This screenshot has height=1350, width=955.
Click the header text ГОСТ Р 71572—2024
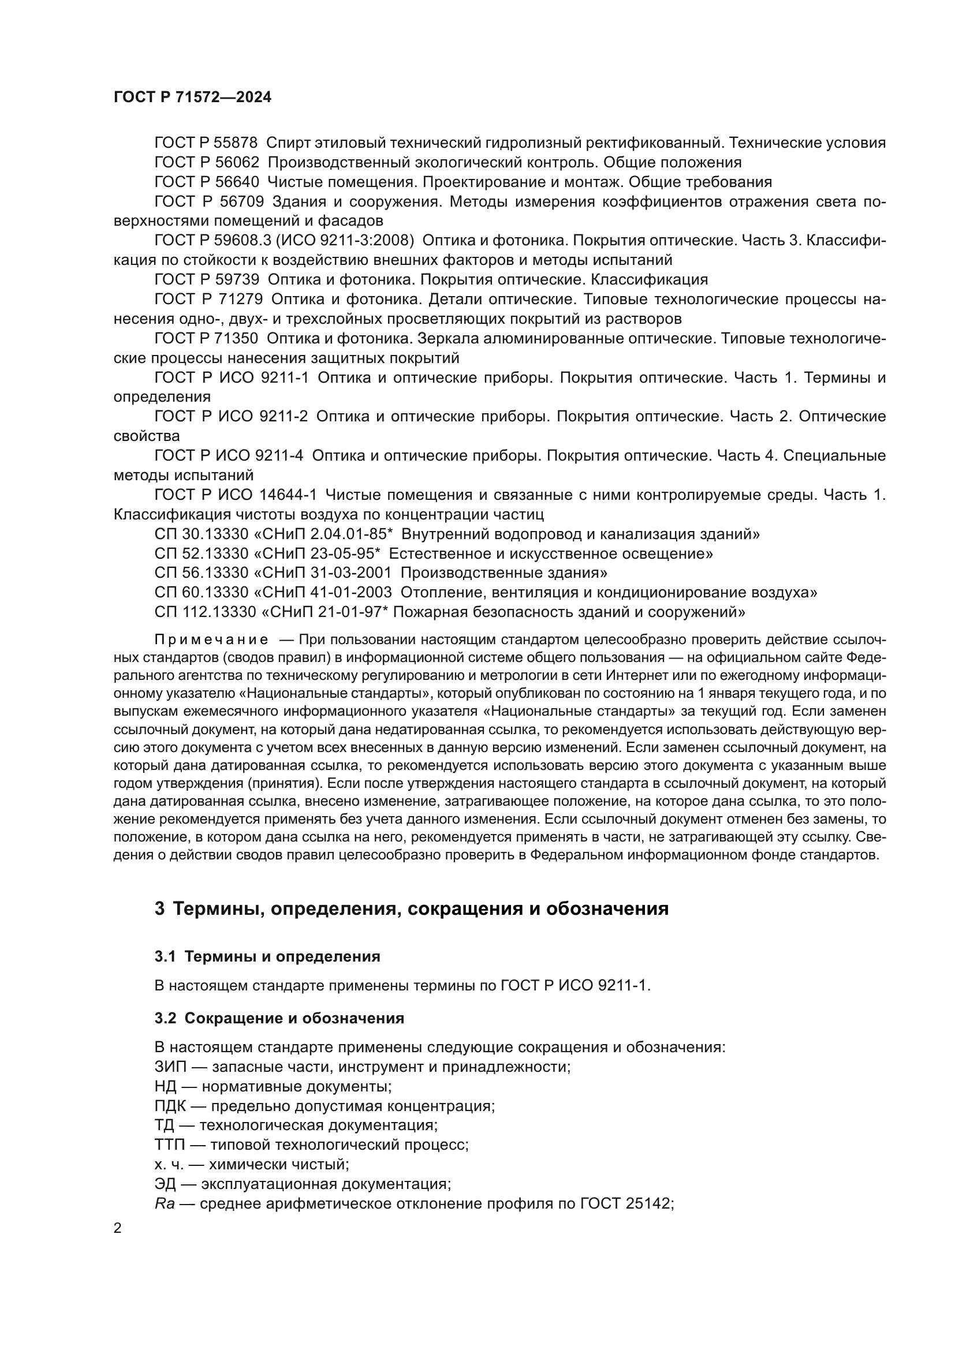(192, 98)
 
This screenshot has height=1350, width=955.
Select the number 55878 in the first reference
(237, 143)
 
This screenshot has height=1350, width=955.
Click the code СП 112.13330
(205, 612)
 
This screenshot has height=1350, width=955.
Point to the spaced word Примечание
(212, 640)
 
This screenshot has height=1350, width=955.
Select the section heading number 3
(159, 909)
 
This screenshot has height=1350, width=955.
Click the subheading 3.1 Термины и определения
(267, 956)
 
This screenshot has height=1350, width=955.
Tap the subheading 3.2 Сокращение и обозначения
(279, 1018)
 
